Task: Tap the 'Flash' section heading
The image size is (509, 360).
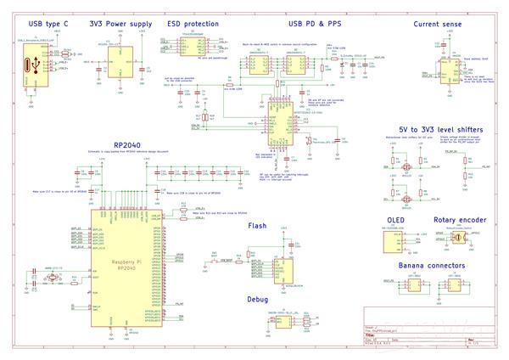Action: coord(258,227)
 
